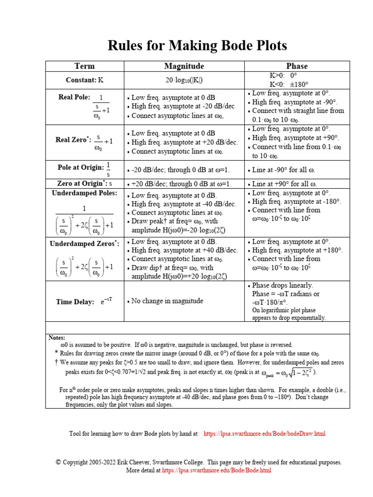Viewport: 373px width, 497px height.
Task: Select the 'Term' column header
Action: [x=85, y=66]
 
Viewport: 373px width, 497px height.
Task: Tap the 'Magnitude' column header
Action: [x=184, y=66]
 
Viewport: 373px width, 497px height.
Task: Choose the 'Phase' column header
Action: [x=297, y=66]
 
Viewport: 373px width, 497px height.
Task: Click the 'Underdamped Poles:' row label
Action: [x=85, y=193]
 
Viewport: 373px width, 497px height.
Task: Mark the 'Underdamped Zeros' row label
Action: [x=85, y=244]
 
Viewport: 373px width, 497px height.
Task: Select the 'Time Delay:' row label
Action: [x=75, y=302]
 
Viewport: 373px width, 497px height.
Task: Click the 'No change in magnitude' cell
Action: [x=167, y=301]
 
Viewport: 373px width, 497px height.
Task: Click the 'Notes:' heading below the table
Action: [x=57, y=337]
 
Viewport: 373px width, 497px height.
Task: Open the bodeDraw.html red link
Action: [x=264, y=433]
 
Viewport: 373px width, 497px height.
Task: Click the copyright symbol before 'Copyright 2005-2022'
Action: [x=58, y=462]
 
